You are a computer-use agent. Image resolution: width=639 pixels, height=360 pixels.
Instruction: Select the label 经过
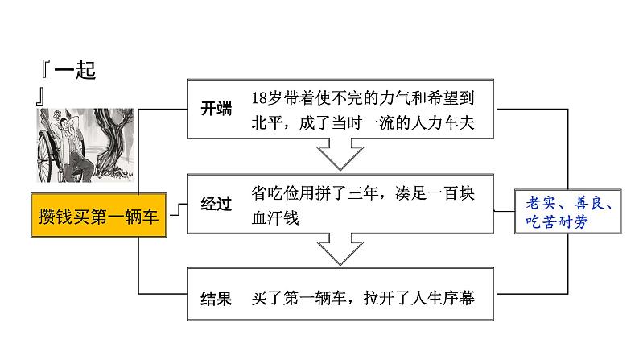click(x=215, y=205)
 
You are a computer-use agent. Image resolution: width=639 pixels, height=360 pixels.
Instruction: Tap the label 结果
click(x=215, y=298)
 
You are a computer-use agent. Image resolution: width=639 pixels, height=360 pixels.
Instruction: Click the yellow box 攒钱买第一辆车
click(x=99, y=216)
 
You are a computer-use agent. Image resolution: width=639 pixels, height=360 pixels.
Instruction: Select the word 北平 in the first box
click(x=266, y=121)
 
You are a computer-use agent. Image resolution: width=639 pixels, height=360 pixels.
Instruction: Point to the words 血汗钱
click(x=274, y=217)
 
